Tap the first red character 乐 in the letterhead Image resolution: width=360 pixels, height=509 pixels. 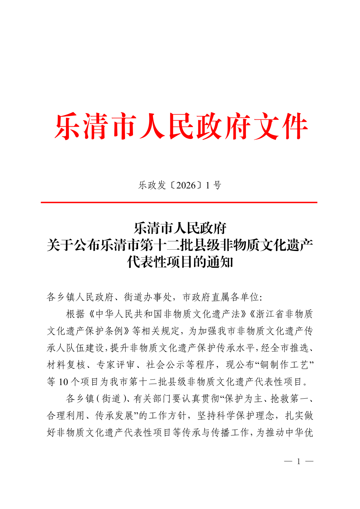tap(68, 127)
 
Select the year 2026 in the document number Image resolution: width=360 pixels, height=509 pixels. tap(186, 185)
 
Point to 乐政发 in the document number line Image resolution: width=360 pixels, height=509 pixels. tap(152, 185)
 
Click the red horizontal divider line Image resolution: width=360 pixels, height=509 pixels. tap(179, 202)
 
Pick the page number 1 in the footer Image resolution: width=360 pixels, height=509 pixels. tap(299, 461)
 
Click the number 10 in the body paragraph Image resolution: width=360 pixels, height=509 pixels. tap(63, 382)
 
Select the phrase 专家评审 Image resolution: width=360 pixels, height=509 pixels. tap(115, 365)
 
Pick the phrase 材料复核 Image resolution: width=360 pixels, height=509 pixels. tap(66, 365)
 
